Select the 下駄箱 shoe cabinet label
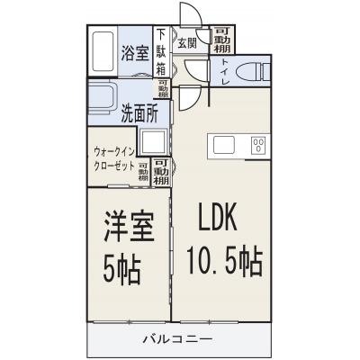[161, 52]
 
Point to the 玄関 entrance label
[186, 42]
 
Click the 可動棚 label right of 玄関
[222, 41]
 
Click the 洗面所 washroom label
[139, 113]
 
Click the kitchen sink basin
[222, 144]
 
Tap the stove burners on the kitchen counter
[258, 145]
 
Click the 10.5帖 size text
[225, 264]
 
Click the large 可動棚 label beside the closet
[162, 170]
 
